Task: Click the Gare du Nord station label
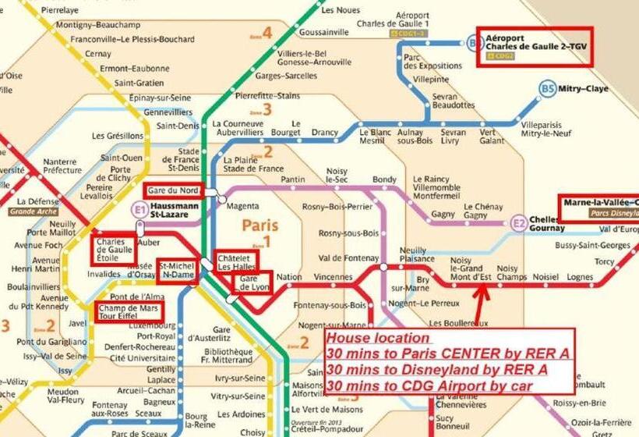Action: coord(173,190)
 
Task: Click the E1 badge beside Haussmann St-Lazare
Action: coord(139,210)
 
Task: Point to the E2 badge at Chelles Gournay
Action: coord(519,224)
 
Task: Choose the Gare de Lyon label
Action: coord(253,282)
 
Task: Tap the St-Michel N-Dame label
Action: coord(177,270)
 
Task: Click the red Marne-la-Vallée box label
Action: coord(598,208)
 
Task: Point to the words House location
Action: coord(378,339)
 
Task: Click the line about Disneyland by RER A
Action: coord(437,370)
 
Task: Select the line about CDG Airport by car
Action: coord(431,385)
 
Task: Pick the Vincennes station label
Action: coord(334,277)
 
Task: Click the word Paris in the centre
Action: coord(260,225)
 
